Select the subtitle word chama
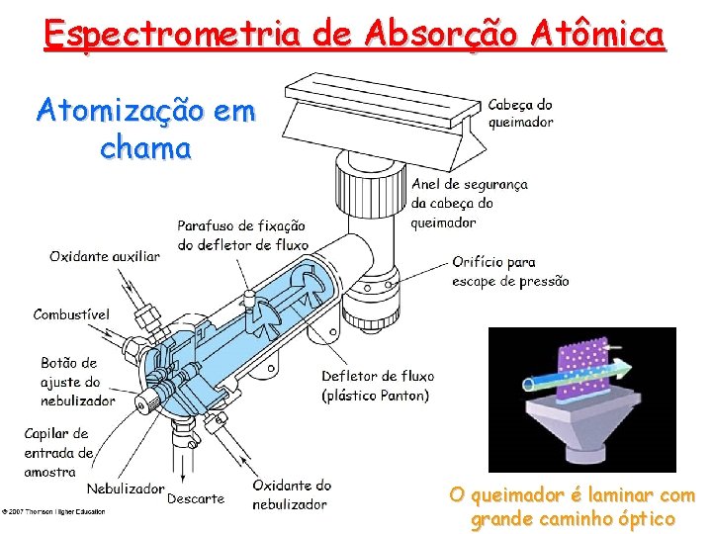[x=145, y=149]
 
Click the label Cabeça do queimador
[x=521, y=113]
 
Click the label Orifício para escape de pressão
[x=509, y=271]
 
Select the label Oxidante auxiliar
[x=104, y=256]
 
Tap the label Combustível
[x=71, y=314]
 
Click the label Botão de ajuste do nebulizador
[x=77, y=382]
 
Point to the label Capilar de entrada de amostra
[x=58, y=452]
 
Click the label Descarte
[x=196, y=498]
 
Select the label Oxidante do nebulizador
[x=292, y=494]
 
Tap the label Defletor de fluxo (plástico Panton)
[x=377, y=386]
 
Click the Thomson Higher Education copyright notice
[x=54, y=511]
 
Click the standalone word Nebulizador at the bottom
[x=126, y=489]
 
